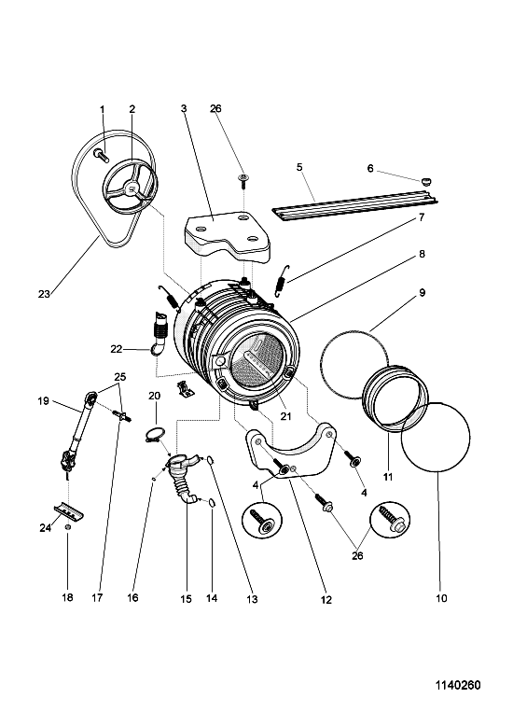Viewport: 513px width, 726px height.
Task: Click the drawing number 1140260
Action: click(x=457, y=685)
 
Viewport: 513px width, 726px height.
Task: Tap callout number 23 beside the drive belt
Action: click(x=44, y=294)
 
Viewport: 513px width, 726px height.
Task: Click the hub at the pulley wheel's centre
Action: click(x=131, y=188)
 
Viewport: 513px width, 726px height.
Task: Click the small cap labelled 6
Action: click(x=427, y=181)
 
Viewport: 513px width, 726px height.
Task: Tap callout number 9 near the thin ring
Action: click(x=422, y=293)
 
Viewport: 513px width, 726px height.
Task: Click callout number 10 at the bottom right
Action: click(x=441, y=598)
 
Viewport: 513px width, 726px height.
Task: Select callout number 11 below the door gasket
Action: click(x=388, y=477)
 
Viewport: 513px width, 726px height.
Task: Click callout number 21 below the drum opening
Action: click(x=286, y=416)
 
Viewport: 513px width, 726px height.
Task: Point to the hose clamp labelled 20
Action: click(x=153, y=435)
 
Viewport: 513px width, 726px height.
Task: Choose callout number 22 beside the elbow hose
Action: click(x=116, y=349)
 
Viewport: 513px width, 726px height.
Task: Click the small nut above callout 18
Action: click(x=67, y=527)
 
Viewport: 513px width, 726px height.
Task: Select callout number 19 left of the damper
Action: click(x=43, y=401)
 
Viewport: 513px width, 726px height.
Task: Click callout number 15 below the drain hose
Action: click(x=186, y=599)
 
